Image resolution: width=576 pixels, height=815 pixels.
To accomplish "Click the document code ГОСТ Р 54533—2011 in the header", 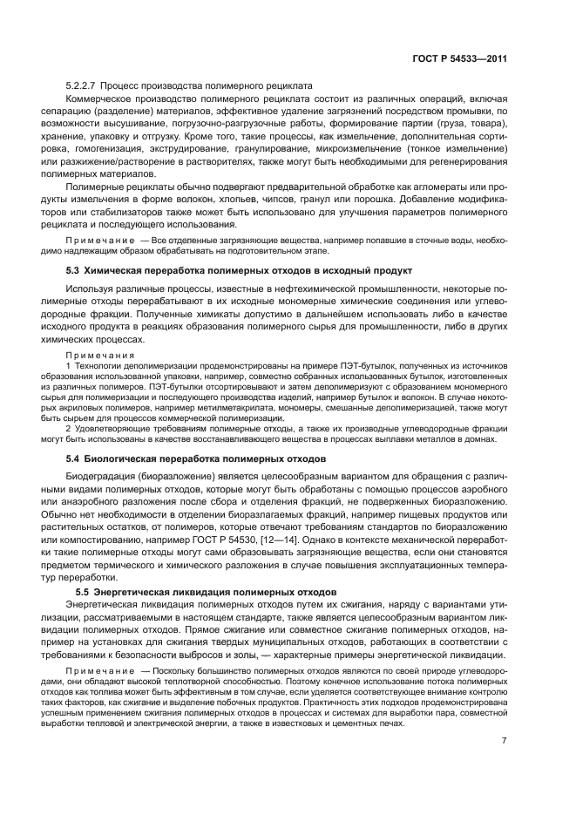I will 460,59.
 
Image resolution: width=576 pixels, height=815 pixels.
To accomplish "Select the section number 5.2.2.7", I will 80,85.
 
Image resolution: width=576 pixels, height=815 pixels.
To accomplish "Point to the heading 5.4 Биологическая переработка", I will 196,458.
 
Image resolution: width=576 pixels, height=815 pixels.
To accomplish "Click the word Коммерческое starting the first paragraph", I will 99,98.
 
